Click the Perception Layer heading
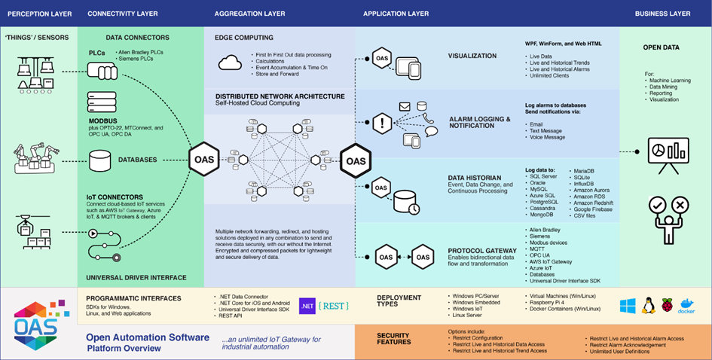[x=39, y=14]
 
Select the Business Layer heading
[x=663, y=14]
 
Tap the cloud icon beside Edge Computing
[x=229, y=62]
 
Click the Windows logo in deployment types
[x=628, y=306]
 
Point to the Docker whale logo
[x=686, y=306]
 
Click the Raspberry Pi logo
[x=667, y=306]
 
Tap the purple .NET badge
[x=308, y=306]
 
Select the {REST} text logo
[x=333, y=306]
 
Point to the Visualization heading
[x=472, y=56]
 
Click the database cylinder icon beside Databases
[x=100, y=160]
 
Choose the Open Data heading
[x=661, y=47]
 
